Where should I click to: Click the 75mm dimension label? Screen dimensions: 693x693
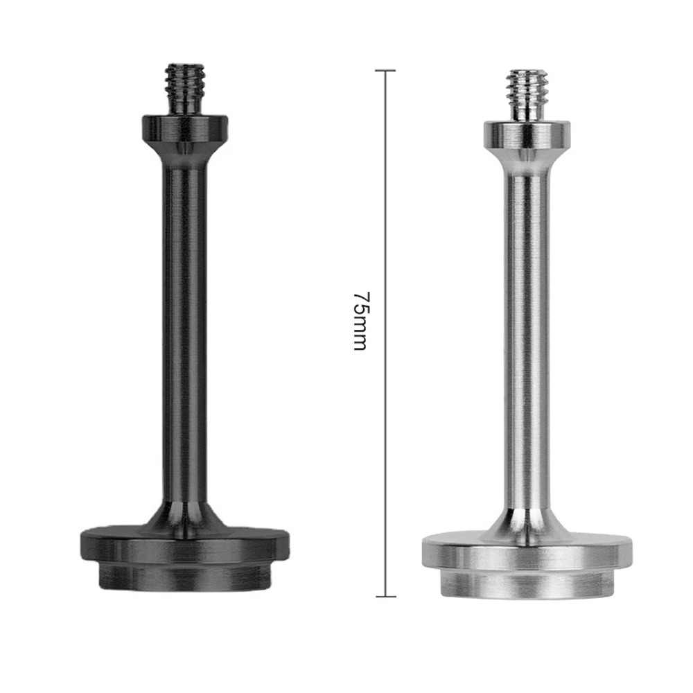click(360, 320)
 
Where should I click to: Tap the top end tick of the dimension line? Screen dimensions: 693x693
click(385, 71)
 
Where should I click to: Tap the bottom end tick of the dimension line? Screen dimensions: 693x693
click(385, 595)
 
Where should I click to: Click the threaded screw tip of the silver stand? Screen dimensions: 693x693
click(526, 92)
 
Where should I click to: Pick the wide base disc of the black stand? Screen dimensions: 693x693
click(184, 547)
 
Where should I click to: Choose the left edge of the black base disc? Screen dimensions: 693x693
click(85, 547)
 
